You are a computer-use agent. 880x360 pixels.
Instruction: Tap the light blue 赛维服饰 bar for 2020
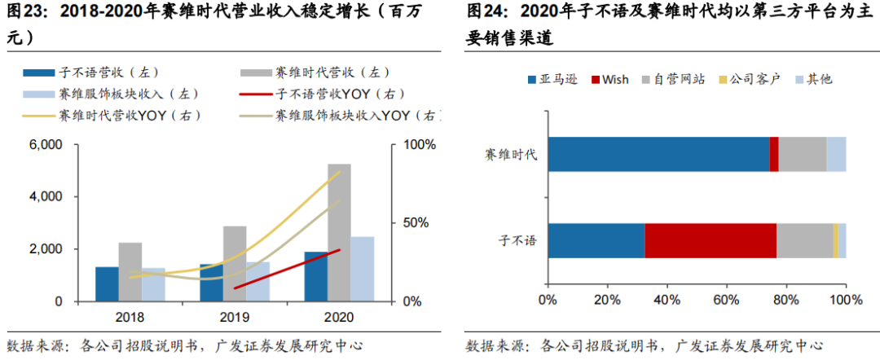click(363, 269)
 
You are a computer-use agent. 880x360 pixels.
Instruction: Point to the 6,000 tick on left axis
click(46, 145)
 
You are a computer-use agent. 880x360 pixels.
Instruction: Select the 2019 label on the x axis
click(235, 316)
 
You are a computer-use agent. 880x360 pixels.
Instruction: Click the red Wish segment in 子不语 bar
click(711, 240)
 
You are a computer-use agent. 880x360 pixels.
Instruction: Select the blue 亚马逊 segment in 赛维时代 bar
click(658, 154)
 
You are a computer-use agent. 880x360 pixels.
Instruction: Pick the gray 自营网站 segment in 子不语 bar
click(804, 240)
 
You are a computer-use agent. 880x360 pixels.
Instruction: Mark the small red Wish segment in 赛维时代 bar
click(774, 154)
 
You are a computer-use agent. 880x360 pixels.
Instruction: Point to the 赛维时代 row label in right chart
click(511, 155)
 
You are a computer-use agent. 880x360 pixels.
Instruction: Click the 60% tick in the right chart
click(726, 301)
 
